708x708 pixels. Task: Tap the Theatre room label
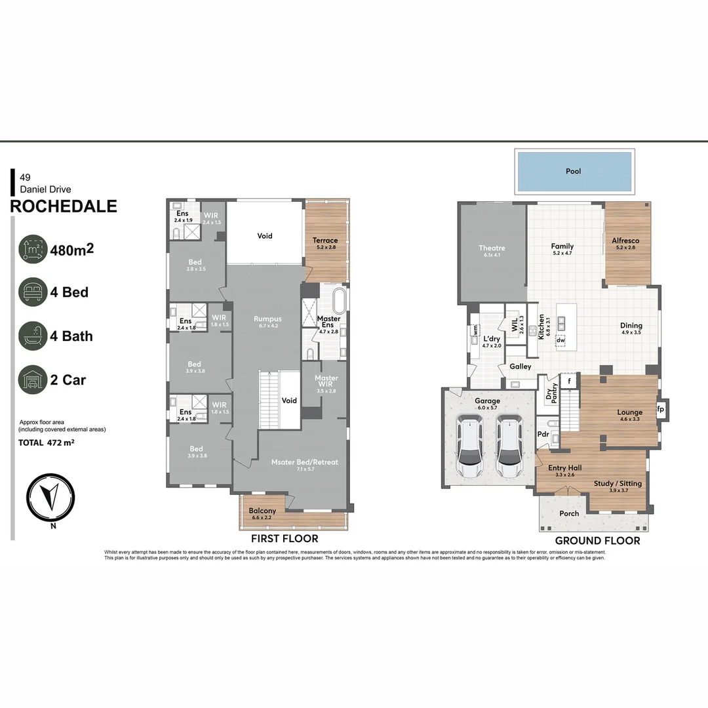click(x=492, y=248)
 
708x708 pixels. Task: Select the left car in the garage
click(x=470, y=449)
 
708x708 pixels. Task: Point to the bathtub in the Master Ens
click(x=339, y=302)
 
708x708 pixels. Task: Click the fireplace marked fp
click(x=660, y=410)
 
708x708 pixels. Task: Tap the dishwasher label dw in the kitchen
click(x=560, y=340)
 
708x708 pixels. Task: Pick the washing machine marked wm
click(x=474, y=330)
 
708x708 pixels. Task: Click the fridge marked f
click(x=570, y=381)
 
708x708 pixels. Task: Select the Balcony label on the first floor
click(x=262, y=511)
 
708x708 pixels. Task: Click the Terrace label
click(x=325, y=241)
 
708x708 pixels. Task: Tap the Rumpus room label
click(x=267, y=319)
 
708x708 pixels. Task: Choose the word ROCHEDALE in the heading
click(x=64, y=206)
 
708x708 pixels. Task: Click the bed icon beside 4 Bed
click(x=33, y=292)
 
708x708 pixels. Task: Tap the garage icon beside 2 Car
click(x=33, y=380)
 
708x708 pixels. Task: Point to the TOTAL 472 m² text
click(x=46, y=442)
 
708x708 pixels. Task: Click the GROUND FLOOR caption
click(x=597, y=541)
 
